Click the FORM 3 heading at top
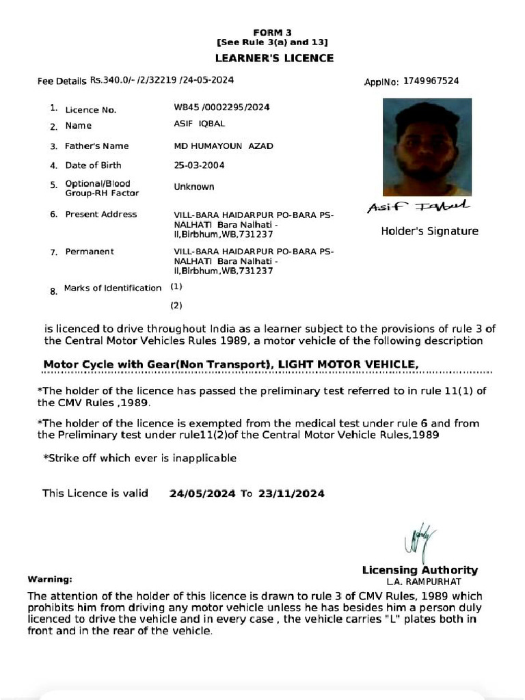point(272,33)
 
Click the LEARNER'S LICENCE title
point(274,58)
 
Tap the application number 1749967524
point(431,81)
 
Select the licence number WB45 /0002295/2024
point(221,107)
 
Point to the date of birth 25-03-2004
point(200,165)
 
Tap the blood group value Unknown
point(194,187)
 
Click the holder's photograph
point(427,147)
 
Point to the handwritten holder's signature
point(418,206)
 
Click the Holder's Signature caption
point(429,231)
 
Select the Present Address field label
point(100,215)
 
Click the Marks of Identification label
point(113,288)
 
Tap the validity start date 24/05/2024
point(202,494)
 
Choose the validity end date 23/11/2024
point(291,494)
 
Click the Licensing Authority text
point(420,570)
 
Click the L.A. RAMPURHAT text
point(420,582)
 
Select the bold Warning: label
point(50,580)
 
